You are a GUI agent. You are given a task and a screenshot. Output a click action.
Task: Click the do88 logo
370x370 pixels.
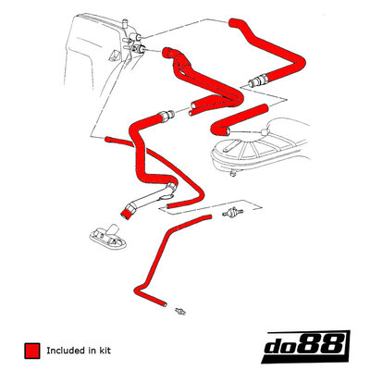(x=305, y=346)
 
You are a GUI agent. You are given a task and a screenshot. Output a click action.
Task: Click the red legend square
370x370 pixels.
(x=32, y=351)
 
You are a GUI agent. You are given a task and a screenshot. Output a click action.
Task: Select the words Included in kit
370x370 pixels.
(x=79, y=351)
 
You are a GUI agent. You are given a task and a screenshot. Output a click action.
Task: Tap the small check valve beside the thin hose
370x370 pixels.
(x=232, y=212)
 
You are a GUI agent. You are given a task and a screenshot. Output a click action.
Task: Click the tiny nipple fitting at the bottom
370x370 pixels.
(x=180, y=311)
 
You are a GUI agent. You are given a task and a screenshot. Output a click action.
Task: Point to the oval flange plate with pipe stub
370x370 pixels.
(x=108, y=237)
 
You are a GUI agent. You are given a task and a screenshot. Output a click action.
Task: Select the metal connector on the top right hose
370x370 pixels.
(x=258, y=80)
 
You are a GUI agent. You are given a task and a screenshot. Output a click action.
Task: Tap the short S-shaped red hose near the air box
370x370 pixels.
(x=239, y=120)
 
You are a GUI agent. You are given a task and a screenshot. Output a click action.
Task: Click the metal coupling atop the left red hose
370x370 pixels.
(x=166, y=117)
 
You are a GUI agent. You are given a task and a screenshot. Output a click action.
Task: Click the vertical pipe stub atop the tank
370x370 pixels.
(x=125, y=24)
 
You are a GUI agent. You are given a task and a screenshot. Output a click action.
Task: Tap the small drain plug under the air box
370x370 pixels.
(x=233, y=173)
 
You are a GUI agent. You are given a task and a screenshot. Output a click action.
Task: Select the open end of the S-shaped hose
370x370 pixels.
(x=228, y=132)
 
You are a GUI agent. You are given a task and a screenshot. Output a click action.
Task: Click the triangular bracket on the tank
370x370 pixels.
(x=114, y=55)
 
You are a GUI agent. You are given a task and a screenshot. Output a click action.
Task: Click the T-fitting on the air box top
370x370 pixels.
(x=263, y=132)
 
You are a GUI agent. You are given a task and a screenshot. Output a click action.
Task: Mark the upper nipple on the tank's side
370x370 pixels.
(x=136, y=37)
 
